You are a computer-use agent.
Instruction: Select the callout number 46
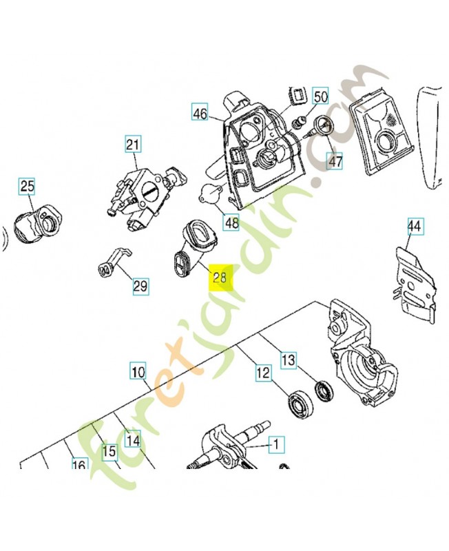pyautogui.click(x=200, y=114)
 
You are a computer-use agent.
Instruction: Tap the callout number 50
pyautogui.click(x=321, y=96)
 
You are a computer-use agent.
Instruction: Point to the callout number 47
pyautogui.click(x=335, y=162)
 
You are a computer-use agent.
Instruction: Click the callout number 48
pyautogui.click(x=231, y=222)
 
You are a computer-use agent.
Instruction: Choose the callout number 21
pyautogui.click(x=132, y=145)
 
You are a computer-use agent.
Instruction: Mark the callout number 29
pyautogui.click(x=140, y=286)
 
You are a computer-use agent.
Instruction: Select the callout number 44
pyautogui.click(x=414, y=226)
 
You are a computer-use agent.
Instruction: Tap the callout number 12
pyautogui.click(x=262, y=373)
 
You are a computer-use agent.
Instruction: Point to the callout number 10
pyautogui.click(x=138, y=372)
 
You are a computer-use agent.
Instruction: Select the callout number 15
pyautogui.click(x=109, y=452)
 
